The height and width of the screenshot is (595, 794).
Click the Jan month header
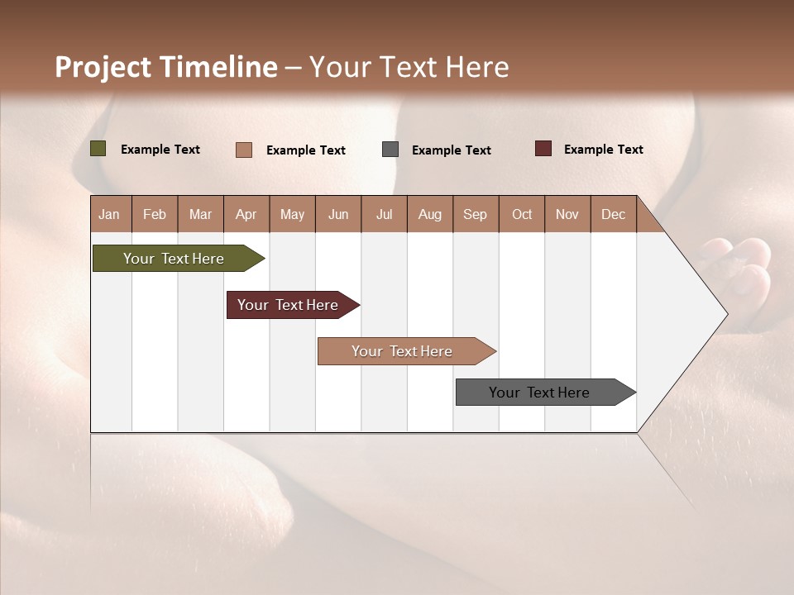click(110, 214)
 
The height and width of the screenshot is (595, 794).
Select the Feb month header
click(155, 214)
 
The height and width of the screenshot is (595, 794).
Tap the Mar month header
click(200, 214)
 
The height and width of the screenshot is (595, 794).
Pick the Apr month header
click(246, 214)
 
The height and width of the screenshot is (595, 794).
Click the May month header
click(292, 214)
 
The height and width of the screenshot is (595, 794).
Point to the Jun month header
click(338, 214)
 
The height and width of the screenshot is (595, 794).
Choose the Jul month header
click(384, 214)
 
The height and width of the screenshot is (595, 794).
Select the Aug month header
click(430, 214)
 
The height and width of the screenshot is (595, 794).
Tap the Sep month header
click(476, 214)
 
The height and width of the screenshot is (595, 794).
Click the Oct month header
click(522, 214)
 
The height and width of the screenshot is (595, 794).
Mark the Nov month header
click(567, 214)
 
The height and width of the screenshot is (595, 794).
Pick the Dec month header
click(614, 214)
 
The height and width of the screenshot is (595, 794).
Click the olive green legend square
click(98, 149)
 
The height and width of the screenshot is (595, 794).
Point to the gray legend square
click(390, 150)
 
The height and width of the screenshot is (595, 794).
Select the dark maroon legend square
click(543, 149)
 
